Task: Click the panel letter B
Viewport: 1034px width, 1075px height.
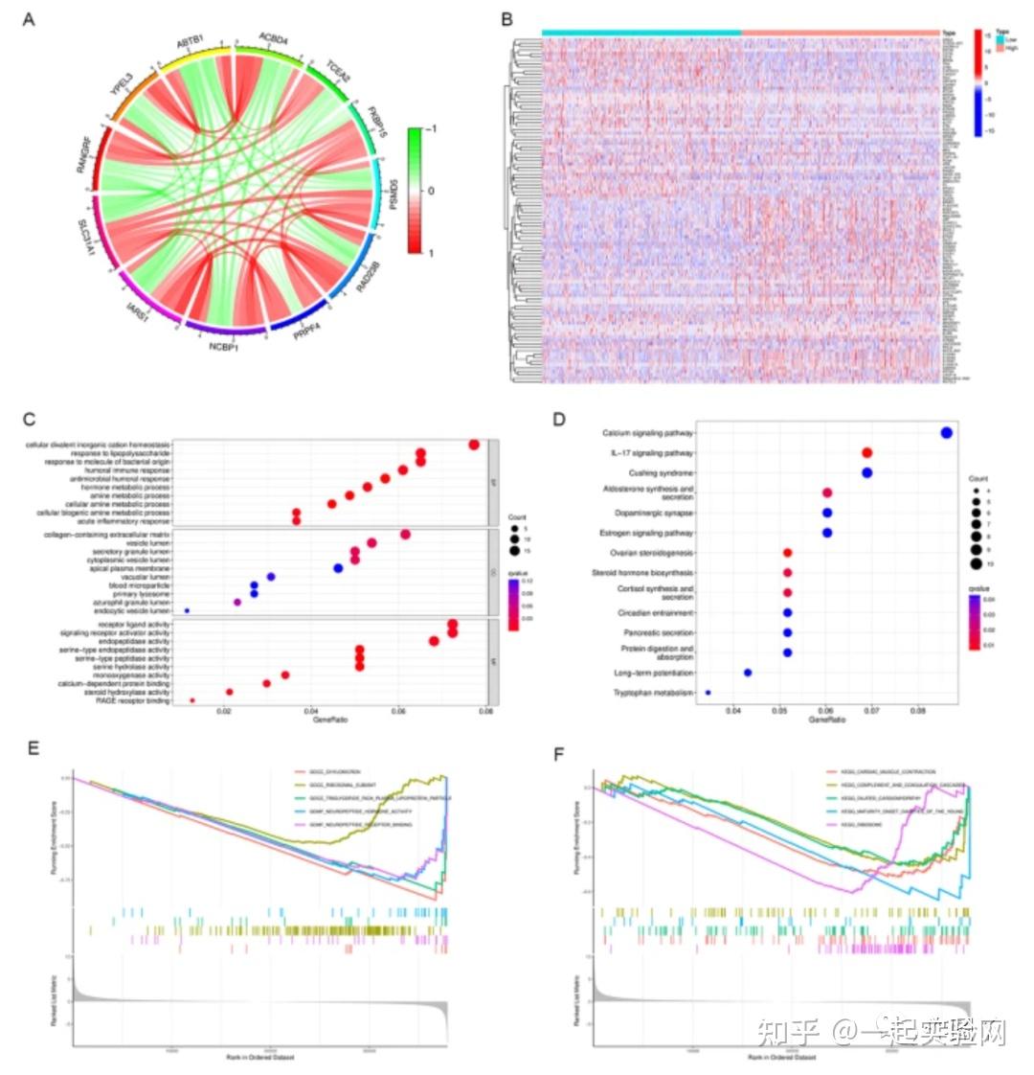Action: click(x=506, y=19)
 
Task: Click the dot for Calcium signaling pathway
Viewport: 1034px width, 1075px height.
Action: click(x=946, y=433)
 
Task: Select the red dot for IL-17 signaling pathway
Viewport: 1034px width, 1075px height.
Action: click(x=866, y=453)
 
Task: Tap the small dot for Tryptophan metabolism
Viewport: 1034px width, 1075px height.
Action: click(x=708, y=692)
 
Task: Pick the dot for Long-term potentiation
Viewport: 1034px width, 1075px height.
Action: click(x=748, y=673)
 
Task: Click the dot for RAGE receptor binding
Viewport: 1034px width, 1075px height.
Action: click(x=192, y=701)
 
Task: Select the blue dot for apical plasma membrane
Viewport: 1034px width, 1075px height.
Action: click(x=337, y=568)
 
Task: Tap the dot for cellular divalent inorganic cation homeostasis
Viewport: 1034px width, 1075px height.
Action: click(x=473, y=445)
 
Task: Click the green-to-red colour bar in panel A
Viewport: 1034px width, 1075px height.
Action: click(x=414, y=191)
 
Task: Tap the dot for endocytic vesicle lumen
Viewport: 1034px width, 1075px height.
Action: click(x=187, y=610)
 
